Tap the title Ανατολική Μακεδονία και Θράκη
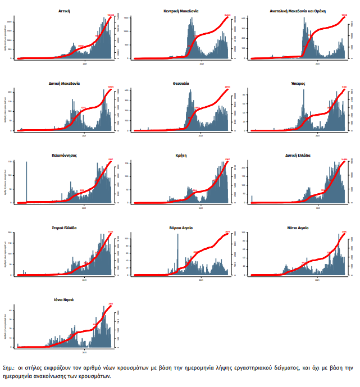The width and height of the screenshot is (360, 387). pos(298,11)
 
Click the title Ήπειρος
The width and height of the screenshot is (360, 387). pos(298,83)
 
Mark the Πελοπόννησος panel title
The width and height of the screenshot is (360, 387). pos(64,156)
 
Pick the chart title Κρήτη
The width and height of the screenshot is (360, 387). pos(181,156)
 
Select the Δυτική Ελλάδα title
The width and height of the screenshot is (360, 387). pos(298,156)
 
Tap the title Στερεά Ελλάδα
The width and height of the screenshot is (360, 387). pos(64,228)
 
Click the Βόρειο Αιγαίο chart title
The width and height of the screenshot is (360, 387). pos(181,228)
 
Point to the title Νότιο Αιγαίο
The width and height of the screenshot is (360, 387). pos(298,228)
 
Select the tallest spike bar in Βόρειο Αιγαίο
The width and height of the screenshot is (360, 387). pos(178,253)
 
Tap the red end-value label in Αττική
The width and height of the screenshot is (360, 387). pos(110,15)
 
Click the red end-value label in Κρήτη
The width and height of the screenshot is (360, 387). pos(227,160)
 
